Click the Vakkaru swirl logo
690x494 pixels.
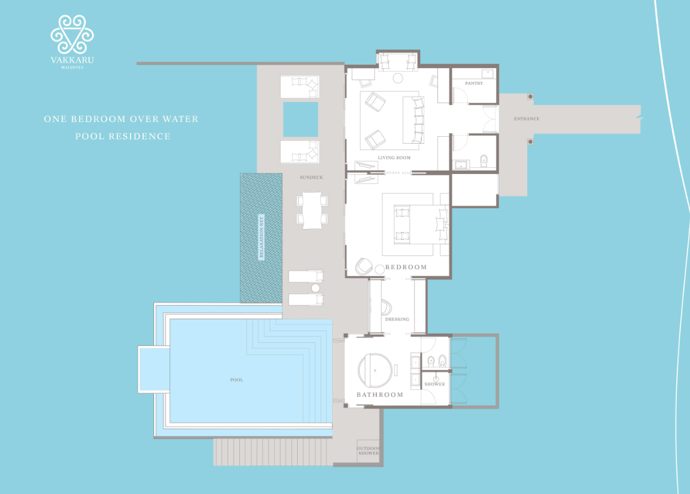pos(72,34)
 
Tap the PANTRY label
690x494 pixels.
pos(474,83)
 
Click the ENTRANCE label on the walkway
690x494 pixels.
pos(526,118)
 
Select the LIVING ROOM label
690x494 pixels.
pos(394,157)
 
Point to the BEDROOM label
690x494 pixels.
pos(406,267)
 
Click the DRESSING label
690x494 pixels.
pos(397,319)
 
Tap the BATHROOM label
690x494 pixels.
pos(380,394)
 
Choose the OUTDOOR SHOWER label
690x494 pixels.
pos(368,451)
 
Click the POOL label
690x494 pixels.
pos(236,380)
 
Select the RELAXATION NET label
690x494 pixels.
pos(261,237)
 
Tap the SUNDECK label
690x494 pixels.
pos(311,177)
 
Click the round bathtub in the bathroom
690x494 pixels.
pos(375,370)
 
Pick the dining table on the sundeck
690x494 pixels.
pos(312,210)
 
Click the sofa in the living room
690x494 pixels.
pos(413,120)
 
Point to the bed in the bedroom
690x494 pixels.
pos(421,224)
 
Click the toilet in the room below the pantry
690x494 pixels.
pos(484,160)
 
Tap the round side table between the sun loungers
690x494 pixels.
pos(315,288)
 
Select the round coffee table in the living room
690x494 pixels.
pos(397,78)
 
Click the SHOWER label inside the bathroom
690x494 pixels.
pos(435,384)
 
